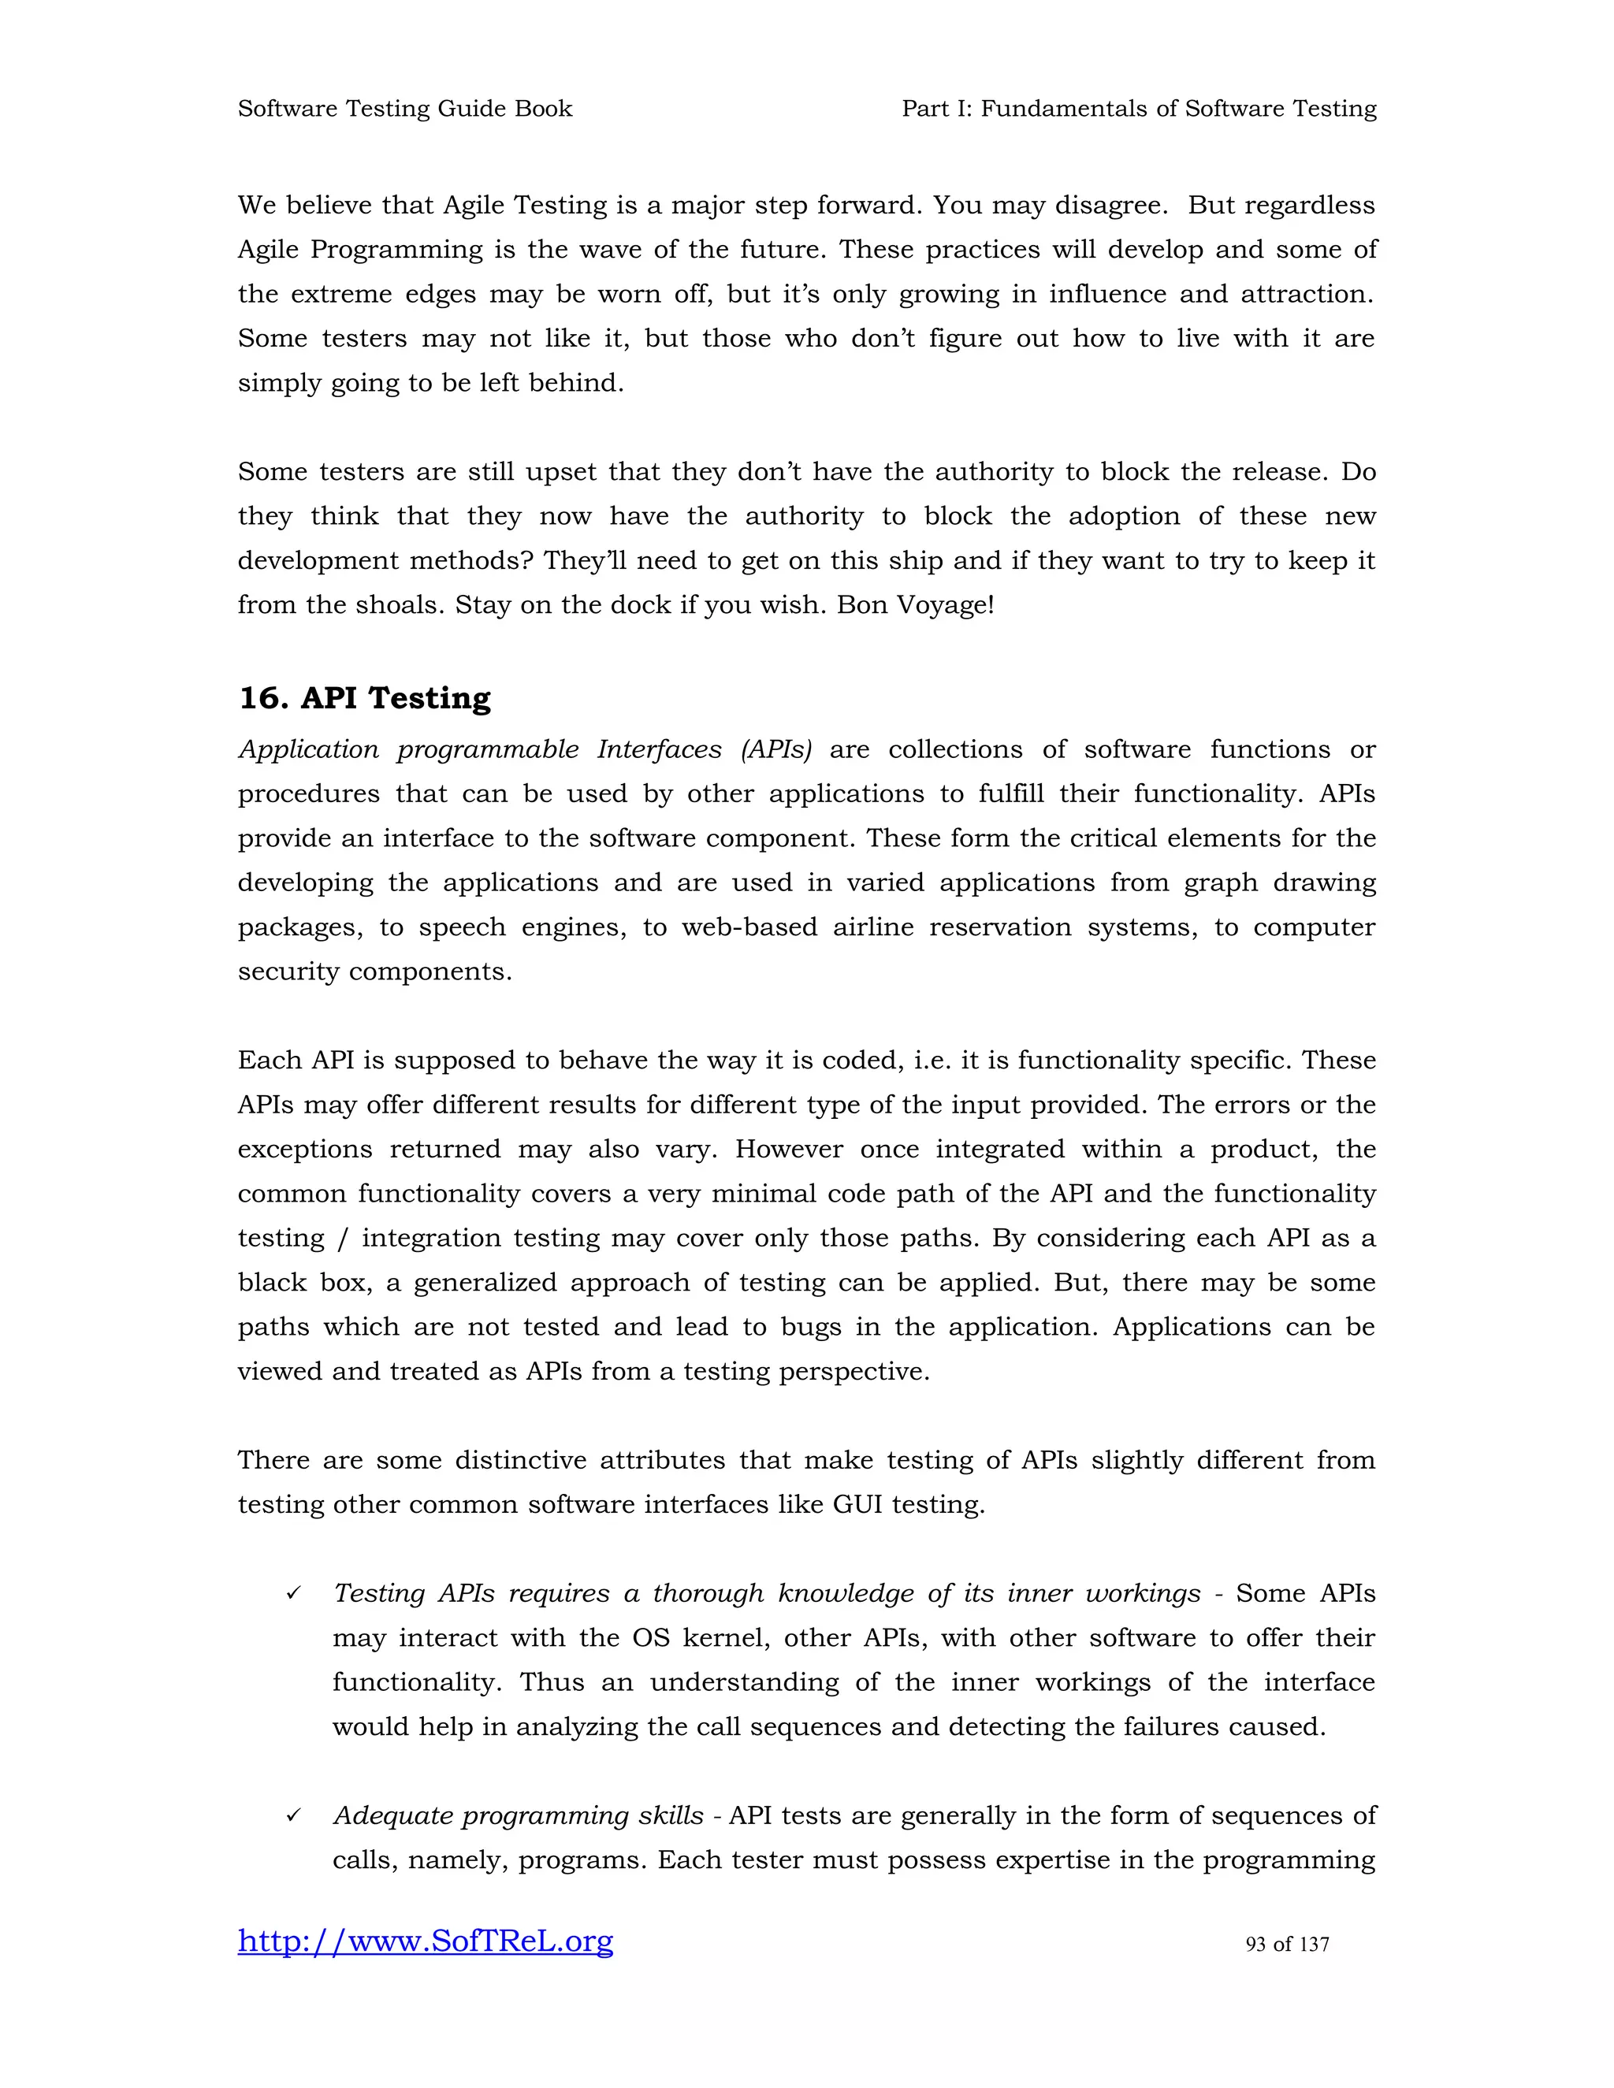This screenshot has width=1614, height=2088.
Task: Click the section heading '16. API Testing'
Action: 364,698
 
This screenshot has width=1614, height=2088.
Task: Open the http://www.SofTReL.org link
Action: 426,1941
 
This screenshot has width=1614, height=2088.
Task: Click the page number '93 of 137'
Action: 1287,1944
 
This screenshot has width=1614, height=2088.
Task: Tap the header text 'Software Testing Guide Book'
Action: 404,109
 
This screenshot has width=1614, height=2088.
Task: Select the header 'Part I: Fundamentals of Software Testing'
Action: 1139,109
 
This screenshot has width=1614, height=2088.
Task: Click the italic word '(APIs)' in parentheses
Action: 775,749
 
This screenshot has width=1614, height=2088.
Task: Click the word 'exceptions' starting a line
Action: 305,1149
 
